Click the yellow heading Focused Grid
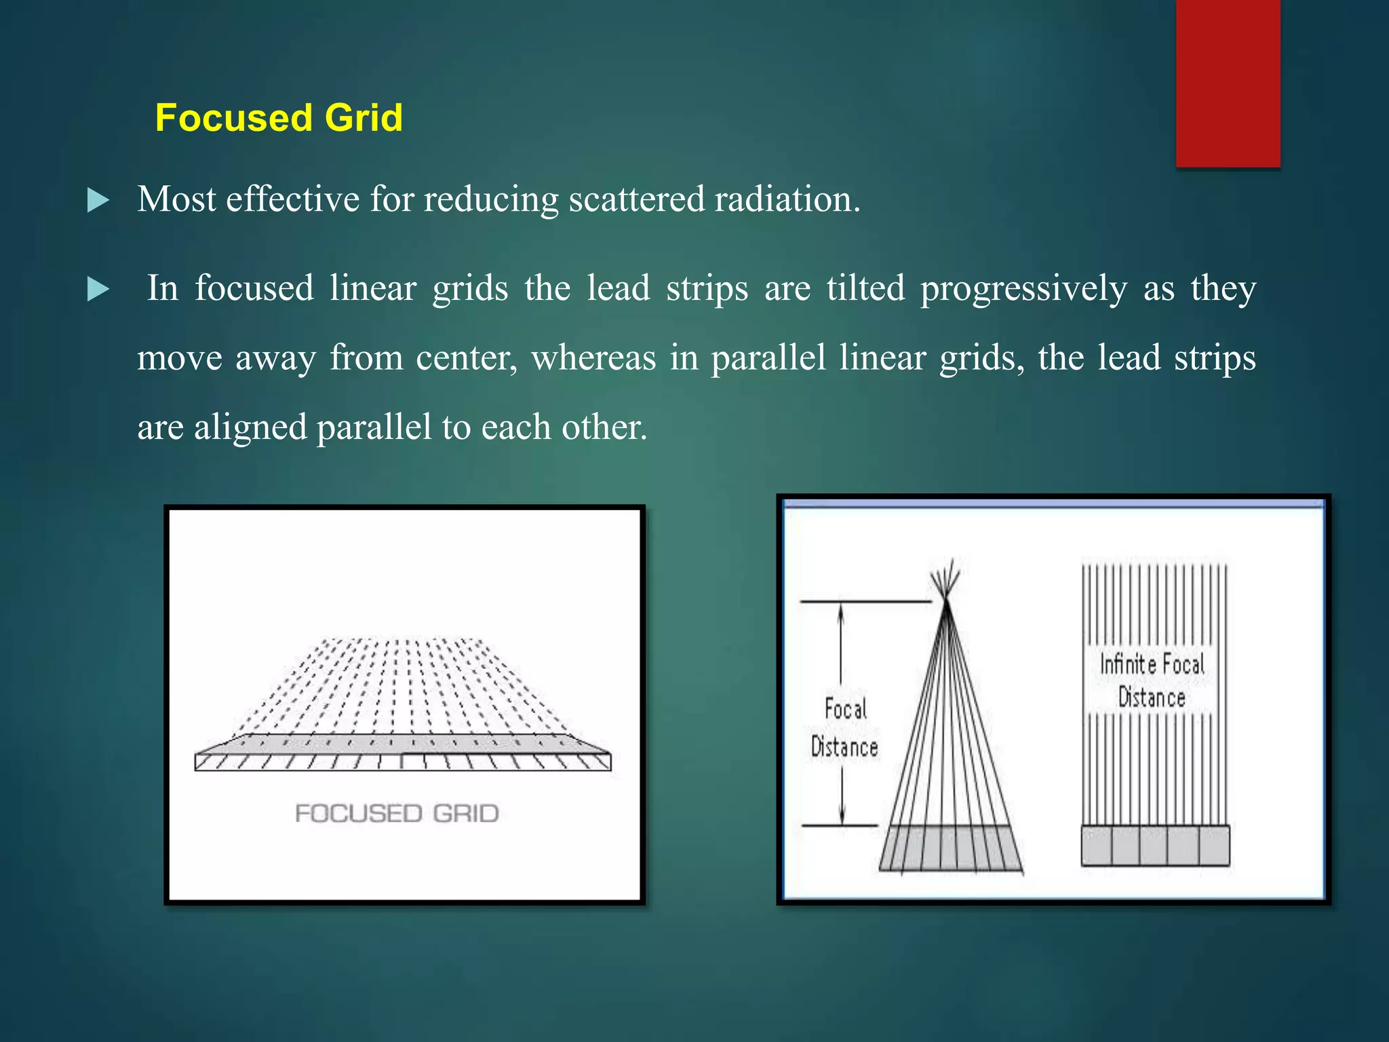point(279,117)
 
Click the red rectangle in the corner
point(1228,83)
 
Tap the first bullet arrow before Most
point(98,201)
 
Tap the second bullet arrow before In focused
point(98,290)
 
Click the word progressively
point(1023,288)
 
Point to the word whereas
point(593,358)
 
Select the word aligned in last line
point(250,427)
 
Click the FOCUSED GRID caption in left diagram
point(397,813)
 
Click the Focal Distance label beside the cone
point(844,728)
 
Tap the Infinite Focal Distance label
point(1152,680)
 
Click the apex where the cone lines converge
point(946,600)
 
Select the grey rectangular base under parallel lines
point(1155,845)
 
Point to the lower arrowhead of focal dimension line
point(842,817)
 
